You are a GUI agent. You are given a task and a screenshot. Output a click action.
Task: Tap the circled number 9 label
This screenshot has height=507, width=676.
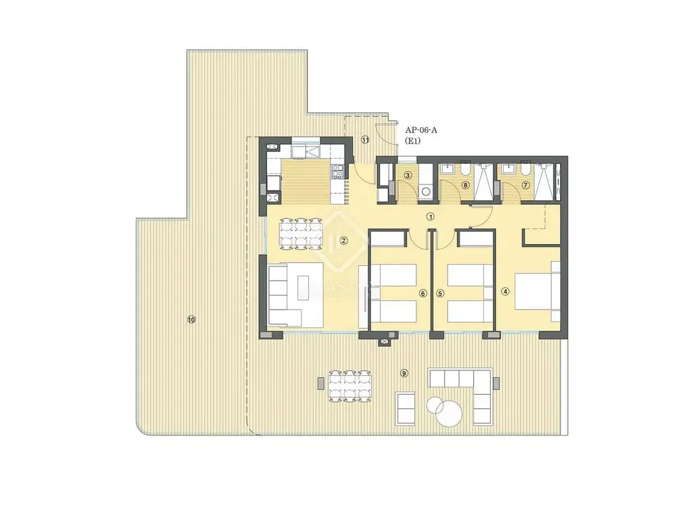coord(404,373)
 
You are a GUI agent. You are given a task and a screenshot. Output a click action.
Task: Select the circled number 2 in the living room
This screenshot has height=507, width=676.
coord(343,241)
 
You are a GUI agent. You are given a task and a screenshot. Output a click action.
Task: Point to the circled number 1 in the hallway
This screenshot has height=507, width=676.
coord(430,217)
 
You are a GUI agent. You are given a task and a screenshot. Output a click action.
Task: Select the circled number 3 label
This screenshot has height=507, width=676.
coord(408,176)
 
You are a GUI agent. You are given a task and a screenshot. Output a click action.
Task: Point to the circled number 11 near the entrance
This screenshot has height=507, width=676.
coord(365,141)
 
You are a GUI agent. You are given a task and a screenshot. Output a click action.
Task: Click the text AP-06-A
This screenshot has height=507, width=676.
coord(420,130)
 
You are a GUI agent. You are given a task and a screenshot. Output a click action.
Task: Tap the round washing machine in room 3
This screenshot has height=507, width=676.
coord(425,191)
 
